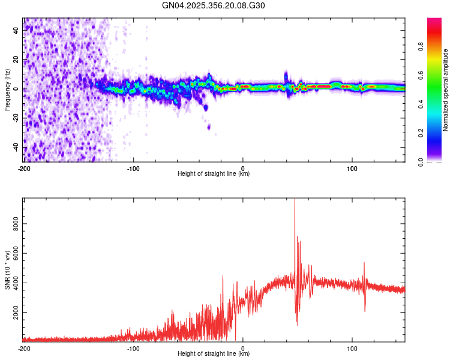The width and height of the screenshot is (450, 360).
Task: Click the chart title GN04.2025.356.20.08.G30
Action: coord(214,5)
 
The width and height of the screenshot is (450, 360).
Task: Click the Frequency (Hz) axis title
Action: coord(7,89)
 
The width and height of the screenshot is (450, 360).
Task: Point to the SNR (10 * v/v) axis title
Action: coord(7,270)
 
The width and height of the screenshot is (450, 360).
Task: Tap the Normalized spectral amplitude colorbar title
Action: coord(446,90)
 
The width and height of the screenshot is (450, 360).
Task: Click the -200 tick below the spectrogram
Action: coord(24,168)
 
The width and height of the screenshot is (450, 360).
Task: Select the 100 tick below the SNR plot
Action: coord(352,348)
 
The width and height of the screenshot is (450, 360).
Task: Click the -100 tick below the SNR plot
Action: coord(133,348)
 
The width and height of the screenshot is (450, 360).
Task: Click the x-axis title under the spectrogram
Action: coord(214,174)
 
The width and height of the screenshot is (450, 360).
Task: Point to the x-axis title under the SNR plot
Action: coord(214,354)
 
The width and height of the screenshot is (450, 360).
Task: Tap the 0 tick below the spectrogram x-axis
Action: coord(243,168)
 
